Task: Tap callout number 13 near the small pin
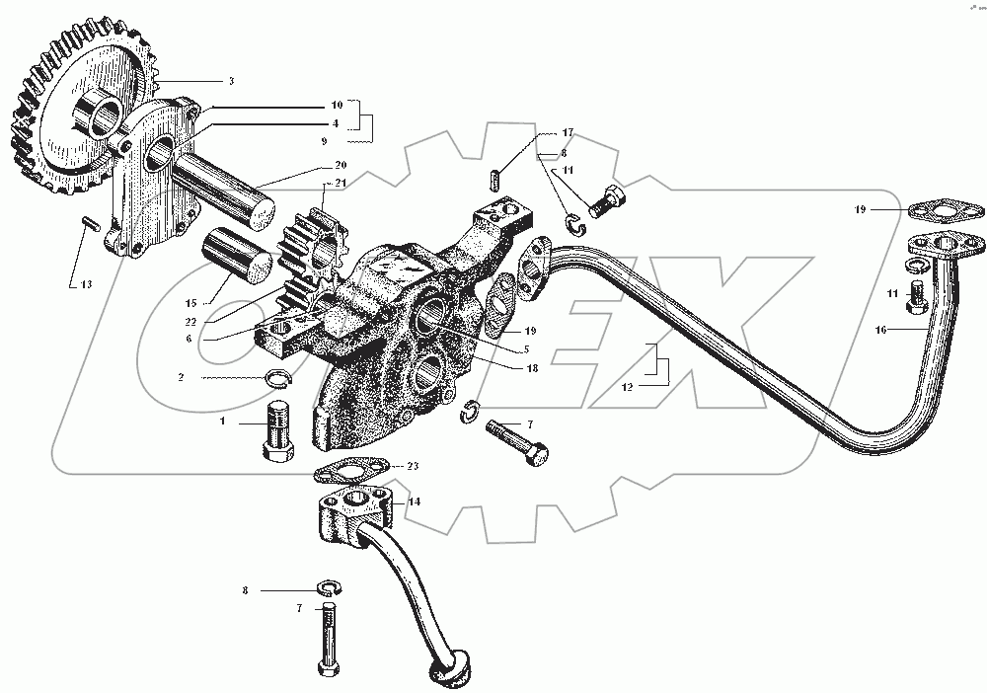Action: point(86,284)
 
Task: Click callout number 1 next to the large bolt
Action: point(223,422)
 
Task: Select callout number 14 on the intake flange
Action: point(415,501)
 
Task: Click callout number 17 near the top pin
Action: point(568,132)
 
